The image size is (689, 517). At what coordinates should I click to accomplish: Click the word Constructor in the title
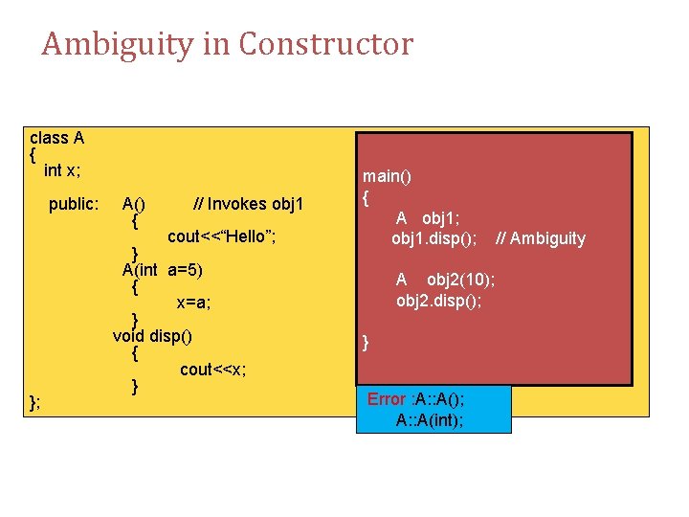325,44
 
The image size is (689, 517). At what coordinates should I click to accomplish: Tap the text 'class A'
57,138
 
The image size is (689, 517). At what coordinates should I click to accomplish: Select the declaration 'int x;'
62,170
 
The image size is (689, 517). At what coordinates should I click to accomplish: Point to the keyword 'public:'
74,204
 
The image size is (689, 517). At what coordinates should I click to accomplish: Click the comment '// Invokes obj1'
248,204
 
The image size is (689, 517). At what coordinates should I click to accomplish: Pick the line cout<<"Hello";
222,236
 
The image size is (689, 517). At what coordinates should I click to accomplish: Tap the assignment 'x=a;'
193,303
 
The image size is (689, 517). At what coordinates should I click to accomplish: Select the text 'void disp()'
152,335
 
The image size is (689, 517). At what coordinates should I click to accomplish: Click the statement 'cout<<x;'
212,369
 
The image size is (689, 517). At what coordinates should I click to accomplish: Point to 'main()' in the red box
386,176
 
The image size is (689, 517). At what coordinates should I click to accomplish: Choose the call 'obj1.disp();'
434,238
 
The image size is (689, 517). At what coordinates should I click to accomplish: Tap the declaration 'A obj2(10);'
445,280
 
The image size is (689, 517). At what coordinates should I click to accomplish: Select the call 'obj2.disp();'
439,300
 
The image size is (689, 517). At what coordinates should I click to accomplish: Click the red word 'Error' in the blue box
387,399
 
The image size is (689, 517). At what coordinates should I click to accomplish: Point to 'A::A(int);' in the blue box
430,420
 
